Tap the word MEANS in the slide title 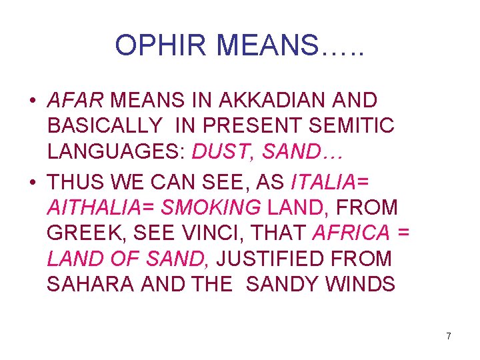click(x=263, y=45)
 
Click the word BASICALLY click(x=105, y=127)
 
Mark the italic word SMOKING click(x=211, y=208)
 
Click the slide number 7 click(x=449, y=336)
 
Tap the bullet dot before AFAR click(x=32, y=101)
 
